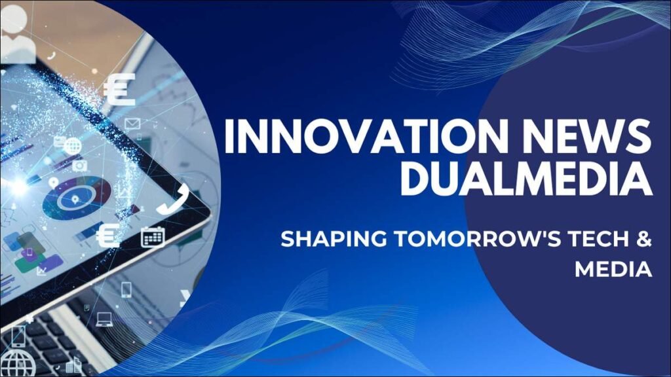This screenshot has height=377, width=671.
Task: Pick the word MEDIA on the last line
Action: pos(613,268)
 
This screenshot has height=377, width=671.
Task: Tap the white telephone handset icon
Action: pos(173,198)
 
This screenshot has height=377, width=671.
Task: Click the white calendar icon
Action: pos(152,237)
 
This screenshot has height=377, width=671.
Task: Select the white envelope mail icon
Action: pos(133,123)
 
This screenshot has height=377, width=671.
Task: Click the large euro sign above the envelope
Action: pos(119,90)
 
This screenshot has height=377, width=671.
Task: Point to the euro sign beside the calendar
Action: pos(108,236)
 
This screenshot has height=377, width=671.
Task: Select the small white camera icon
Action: pos(79,165)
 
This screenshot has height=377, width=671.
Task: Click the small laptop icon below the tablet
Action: pos(104,319)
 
